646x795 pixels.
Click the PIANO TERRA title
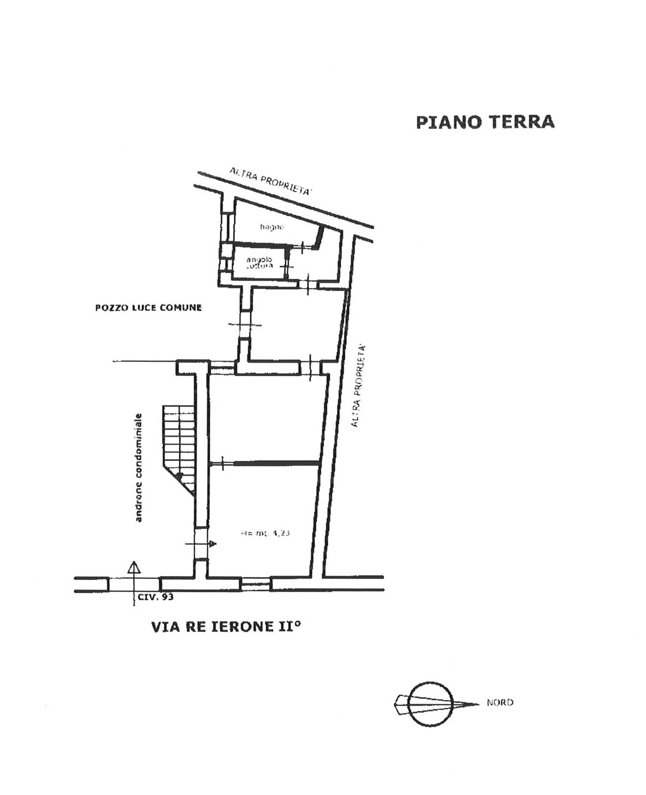(485, 122)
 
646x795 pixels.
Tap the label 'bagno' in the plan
(272, 227)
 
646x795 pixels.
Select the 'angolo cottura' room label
(259, 263)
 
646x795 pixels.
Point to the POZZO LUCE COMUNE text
(148, 308)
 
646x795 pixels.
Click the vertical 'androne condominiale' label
(139, 468)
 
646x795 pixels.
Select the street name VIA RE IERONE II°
(226, 627)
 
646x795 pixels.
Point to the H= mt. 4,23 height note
(265, 534)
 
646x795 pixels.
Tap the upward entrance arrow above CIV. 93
(134, 568)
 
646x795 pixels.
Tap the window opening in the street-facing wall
(256, 584)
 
